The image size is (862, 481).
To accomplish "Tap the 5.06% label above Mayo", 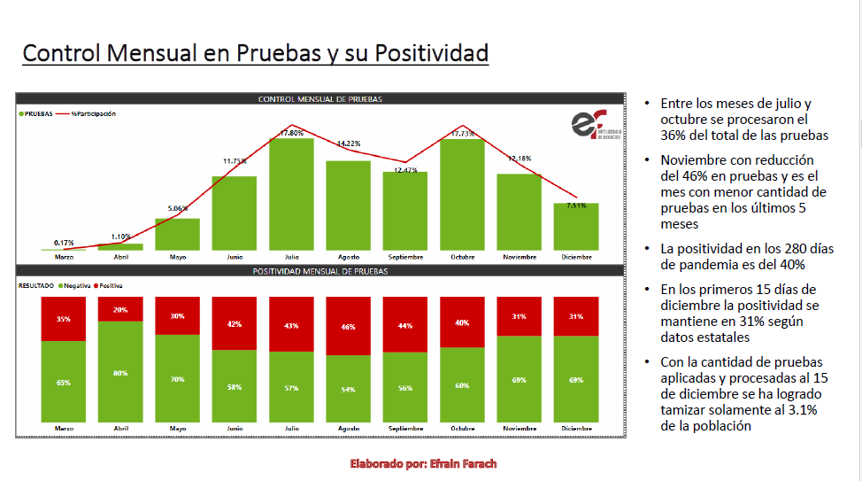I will click(177, 209).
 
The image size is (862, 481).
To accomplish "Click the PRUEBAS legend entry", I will click(35, 113).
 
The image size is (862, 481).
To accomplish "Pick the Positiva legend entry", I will click(107, 286).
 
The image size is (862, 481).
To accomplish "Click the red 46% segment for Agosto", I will click(348, 326).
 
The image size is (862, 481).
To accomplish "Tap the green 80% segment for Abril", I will click(120, 373).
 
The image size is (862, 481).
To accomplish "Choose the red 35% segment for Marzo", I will click(64, 319).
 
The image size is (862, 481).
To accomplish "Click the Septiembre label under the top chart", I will click(404, 257).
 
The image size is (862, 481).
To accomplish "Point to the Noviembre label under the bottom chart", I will click(519, 428).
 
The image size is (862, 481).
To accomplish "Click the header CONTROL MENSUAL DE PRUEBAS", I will click(319, 99).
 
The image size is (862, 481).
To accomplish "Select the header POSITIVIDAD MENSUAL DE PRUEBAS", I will click(319, 271).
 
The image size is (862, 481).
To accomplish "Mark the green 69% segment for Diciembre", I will click(576, 380).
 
